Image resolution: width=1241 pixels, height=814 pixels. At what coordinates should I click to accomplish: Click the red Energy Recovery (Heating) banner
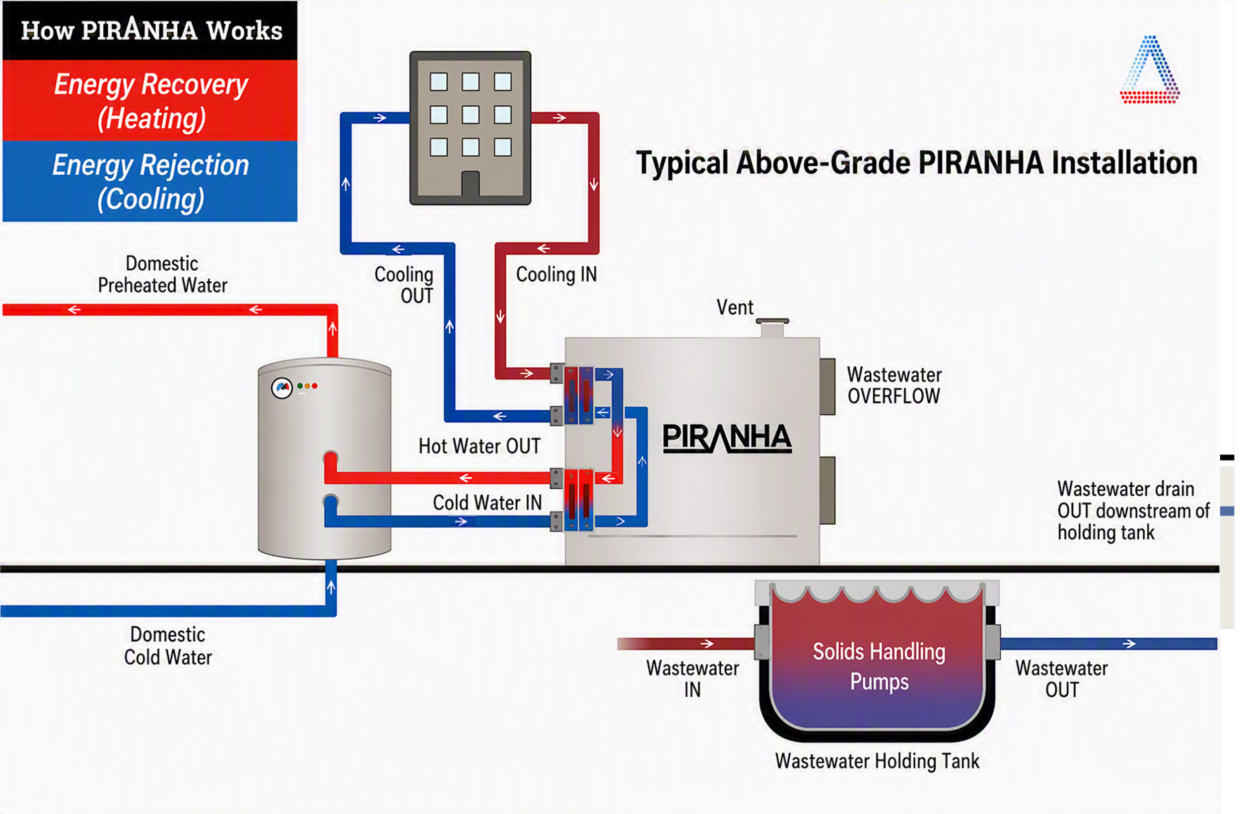click(150, 100)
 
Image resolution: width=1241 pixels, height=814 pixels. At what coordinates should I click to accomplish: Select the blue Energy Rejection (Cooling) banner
click(150, 181)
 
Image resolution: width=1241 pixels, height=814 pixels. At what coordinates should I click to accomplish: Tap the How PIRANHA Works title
click(151, 29)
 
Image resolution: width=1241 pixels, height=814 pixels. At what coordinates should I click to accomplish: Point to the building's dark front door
click(470, 184)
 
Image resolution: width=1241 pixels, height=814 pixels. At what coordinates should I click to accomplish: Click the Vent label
click(735, 307)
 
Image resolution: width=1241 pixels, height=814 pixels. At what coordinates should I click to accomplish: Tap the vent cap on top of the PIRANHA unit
click(772, 327)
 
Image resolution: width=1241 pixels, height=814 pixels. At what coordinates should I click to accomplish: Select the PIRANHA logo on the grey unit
click(727, 437)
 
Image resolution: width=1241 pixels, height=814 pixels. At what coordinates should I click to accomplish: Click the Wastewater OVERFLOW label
click(894, 385)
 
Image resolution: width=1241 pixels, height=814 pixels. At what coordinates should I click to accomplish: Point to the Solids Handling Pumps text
click(879, 666)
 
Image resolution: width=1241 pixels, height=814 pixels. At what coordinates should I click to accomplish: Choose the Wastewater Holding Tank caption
click(877, 761)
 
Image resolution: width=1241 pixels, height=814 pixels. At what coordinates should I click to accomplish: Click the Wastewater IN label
click(692, 679)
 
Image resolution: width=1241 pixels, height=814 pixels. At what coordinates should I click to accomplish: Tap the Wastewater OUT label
click(1062, 679)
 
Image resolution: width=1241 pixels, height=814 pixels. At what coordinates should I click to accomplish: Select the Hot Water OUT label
click(479, 446)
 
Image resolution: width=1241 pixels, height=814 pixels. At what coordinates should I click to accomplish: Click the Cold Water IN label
click(487, 503)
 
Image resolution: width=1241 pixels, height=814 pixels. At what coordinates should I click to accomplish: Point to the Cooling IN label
click(556, 275)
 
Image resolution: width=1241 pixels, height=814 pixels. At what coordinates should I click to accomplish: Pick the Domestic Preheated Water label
click(163, 275)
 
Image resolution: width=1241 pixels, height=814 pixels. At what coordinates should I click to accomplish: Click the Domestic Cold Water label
click(168, 646)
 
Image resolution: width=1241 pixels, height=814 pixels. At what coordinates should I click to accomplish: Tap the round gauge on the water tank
click(281, 388)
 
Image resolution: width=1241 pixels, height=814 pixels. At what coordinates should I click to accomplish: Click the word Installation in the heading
click(1125, 162)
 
